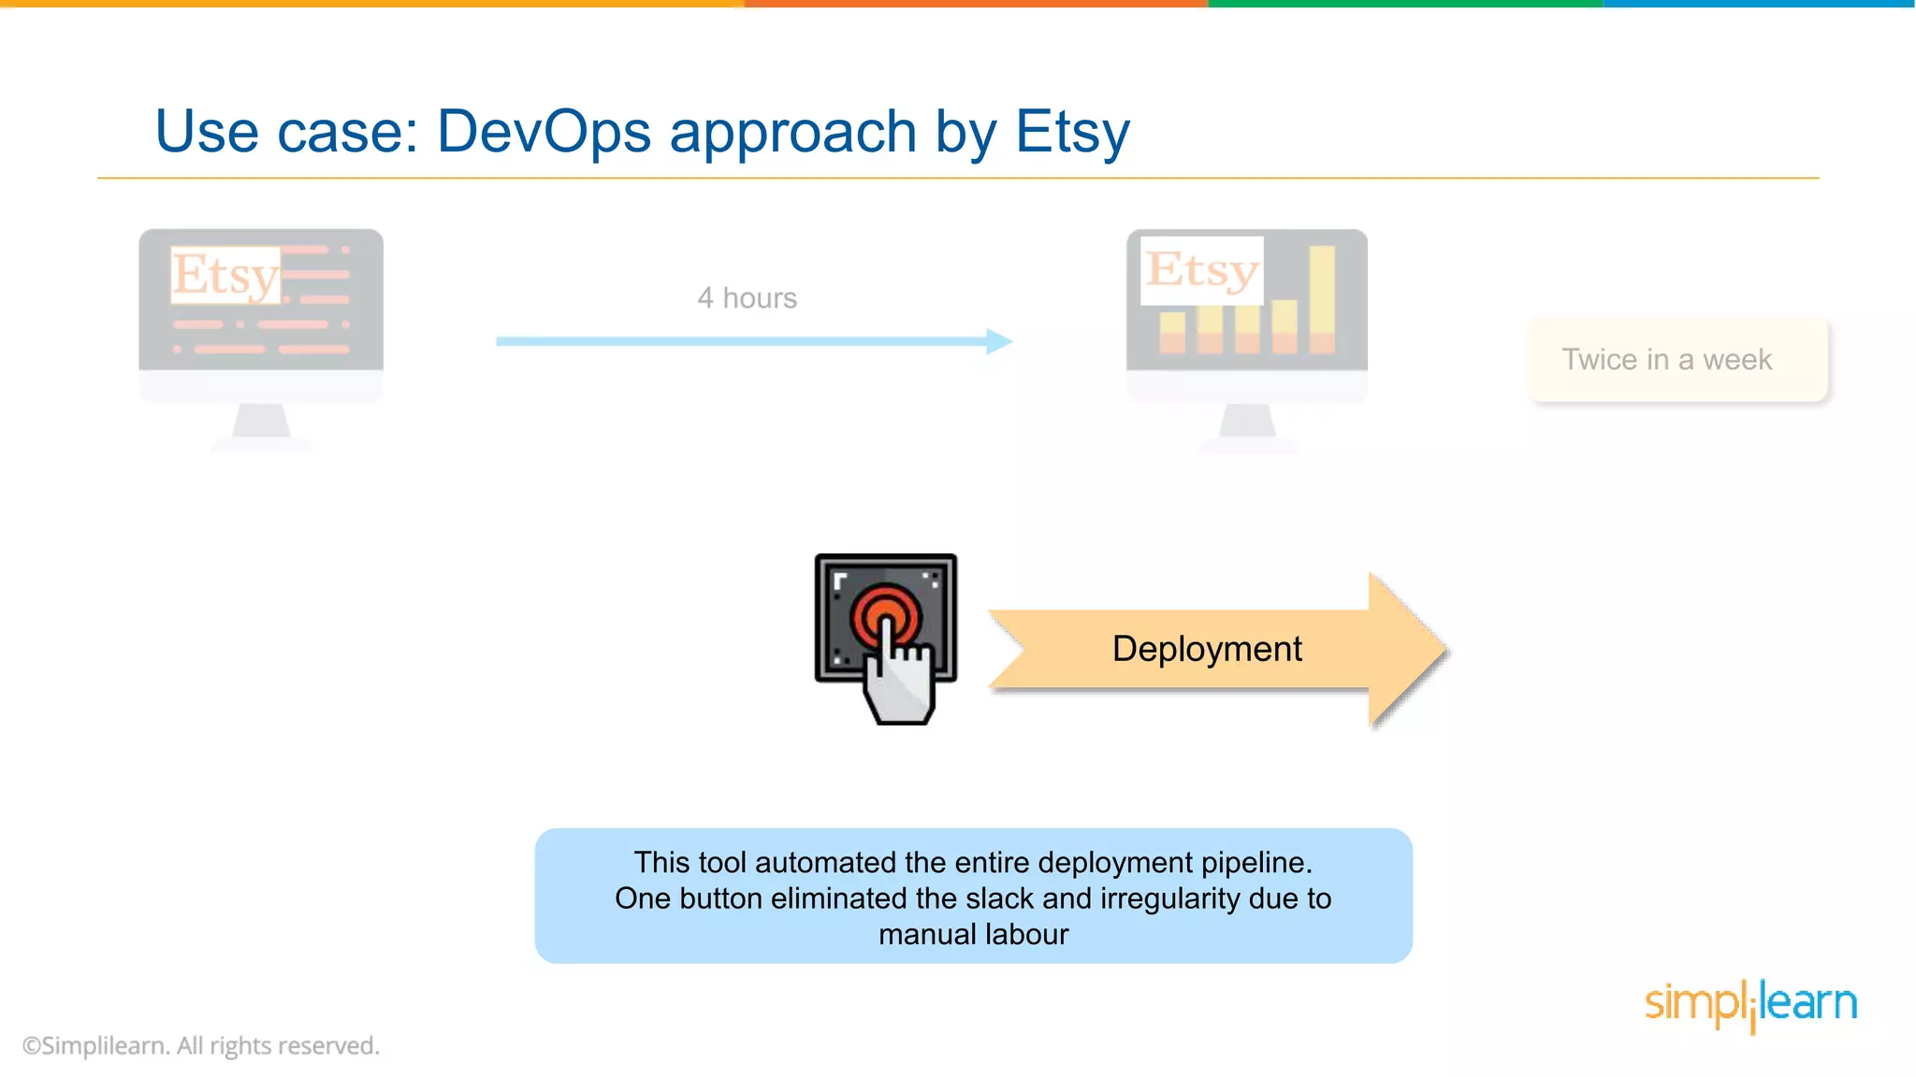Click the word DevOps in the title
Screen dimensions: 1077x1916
coord(544,131)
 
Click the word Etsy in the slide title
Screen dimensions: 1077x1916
coord(1072,131)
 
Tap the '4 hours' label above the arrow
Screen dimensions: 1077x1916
coord(747,298)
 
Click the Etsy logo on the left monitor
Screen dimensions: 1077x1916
coord(225,275)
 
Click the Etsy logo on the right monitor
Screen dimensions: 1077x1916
coord(1202,270)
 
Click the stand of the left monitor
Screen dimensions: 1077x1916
coord(261,423)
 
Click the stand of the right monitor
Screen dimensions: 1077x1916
coord(1247,423)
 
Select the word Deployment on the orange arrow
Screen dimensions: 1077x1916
coord(1207,649)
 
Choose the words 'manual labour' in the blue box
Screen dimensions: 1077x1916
coord(973,934)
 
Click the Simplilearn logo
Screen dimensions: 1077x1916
coord(1750,1004)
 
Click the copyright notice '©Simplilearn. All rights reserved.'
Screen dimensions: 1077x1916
coord(201,1045)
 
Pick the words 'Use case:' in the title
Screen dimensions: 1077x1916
coord(286,131)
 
